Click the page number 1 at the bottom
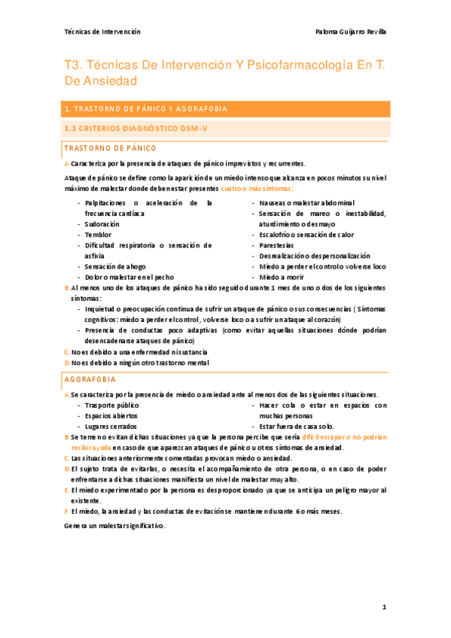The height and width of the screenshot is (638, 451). point(383,606)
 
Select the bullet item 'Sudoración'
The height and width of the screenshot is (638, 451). point(102,224)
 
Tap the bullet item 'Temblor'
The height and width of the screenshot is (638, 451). point(98,235)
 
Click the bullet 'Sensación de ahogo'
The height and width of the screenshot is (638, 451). point(115,266)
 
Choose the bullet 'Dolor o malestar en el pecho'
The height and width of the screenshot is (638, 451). point(130,277)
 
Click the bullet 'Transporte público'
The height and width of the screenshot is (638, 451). point(112,406)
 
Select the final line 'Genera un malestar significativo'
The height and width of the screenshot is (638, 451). point(114,525)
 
